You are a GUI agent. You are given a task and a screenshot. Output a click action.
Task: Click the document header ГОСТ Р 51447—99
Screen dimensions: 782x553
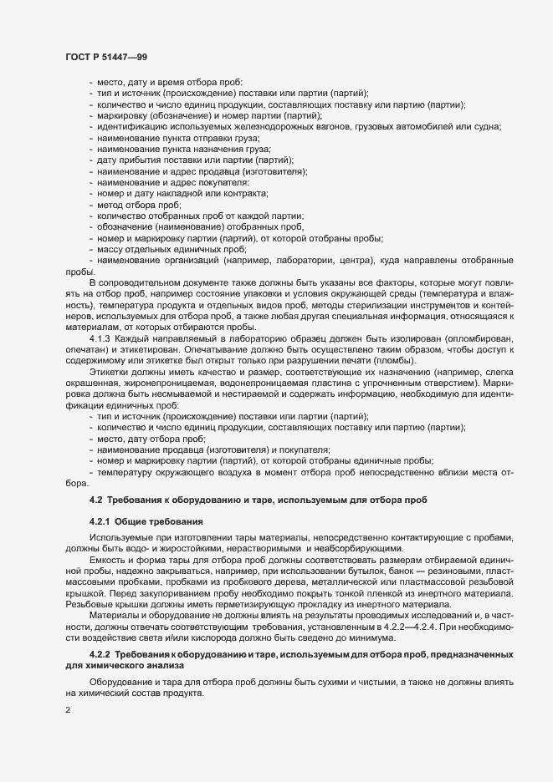pos(107,56)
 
